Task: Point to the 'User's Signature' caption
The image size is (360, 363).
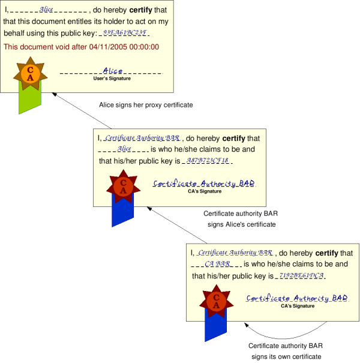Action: (x=112, y=79)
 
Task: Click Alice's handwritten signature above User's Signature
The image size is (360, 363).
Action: (x=112, y=71)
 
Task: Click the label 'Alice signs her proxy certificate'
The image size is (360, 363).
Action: (x=146, y=105)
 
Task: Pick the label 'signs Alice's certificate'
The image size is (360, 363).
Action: (x=241, y=224)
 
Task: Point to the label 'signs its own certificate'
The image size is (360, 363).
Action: (x=286, y=356)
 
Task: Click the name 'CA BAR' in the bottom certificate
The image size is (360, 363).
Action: (x=218, y=264)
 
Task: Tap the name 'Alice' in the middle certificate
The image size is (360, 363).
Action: (x=124, y=149)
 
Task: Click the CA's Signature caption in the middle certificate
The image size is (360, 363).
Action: (x=205, y=191)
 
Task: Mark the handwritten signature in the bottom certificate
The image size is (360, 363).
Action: (x=297, y=298)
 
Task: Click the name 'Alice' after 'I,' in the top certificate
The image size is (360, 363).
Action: (x=46, y=10)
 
